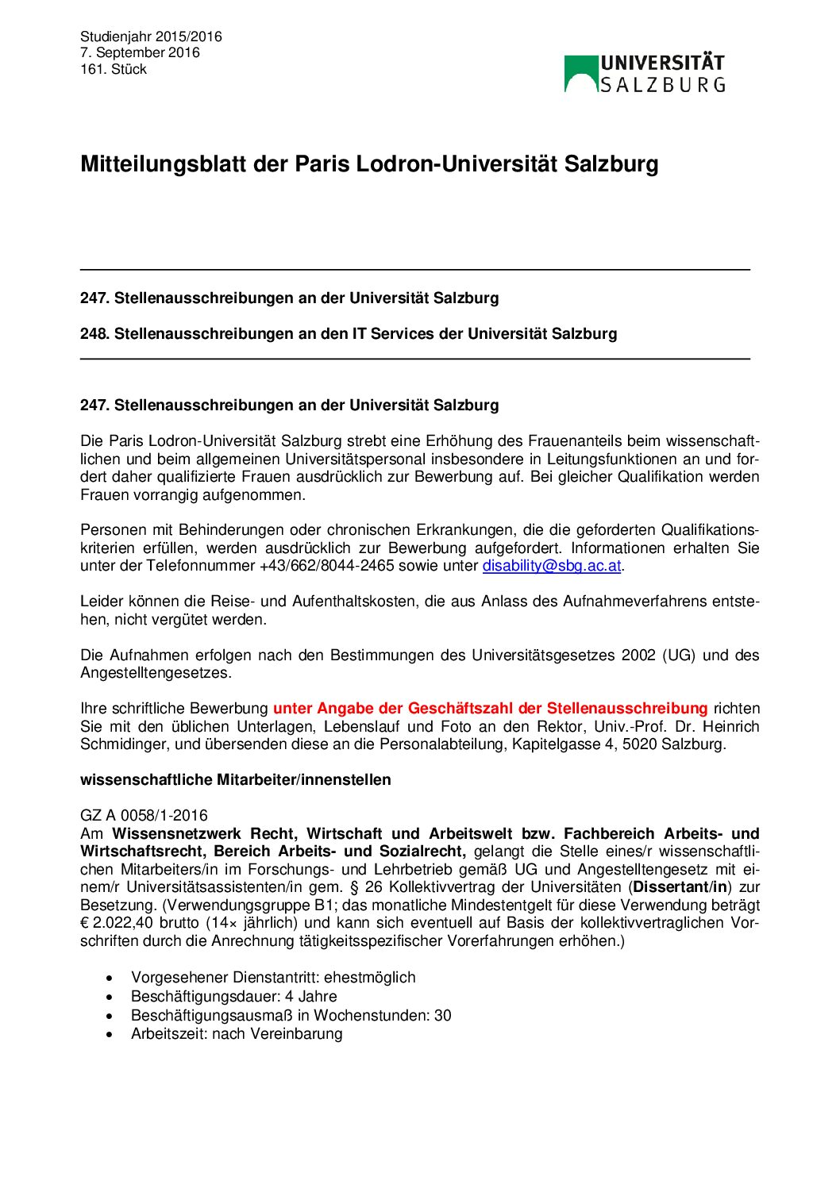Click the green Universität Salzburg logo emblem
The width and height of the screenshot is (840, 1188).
(581, 74)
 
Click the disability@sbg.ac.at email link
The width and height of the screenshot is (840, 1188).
(551, 566)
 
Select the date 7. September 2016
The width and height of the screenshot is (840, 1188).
(140, 52)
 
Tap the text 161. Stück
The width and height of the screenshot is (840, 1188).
(114, 69)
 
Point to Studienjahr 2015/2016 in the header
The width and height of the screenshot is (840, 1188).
(151, 37)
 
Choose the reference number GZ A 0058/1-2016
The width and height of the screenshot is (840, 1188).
(144, 815)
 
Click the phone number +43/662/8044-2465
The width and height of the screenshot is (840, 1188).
(326, 566)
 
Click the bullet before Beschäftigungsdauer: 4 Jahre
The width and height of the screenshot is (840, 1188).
(110, 997)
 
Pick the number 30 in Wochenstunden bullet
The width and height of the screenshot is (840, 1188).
(442, 1015)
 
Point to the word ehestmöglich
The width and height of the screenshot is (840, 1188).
(369, 977)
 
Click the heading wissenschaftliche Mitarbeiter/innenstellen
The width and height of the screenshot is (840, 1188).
(235, 779)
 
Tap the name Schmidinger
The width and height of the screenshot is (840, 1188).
(123, 744)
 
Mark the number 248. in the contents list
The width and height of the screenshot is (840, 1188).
(94, 333)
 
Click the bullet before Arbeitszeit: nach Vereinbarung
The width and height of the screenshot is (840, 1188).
(110, 1034)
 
